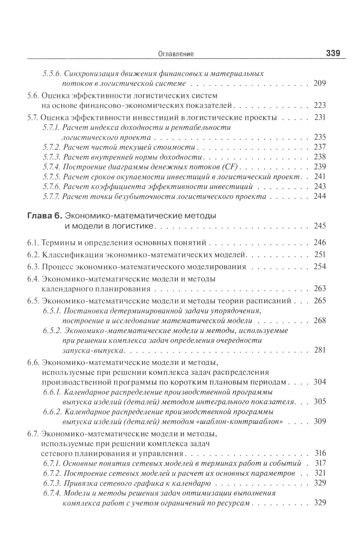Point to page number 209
319,84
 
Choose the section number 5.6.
33,96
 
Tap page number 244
319,197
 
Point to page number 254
319,267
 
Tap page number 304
319,382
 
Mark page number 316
319,453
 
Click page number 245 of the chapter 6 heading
319,226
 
